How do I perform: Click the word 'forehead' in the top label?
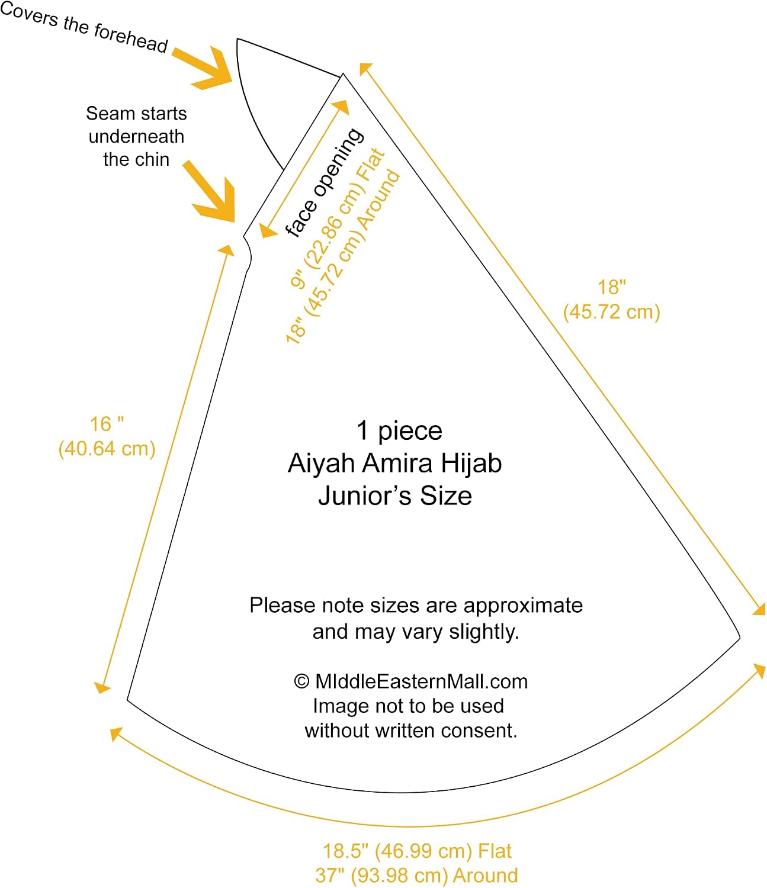131,38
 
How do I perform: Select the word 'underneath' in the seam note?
136,137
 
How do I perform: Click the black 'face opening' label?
325,182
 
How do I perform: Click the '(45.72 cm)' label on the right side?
611,312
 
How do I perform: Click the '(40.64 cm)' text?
107,449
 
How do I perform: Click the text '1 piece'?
399,430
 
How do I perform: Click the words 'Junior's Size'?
395,496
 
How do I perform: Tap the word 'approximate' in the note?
523,606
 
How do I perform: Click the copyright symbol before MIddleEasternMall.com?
301,681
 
